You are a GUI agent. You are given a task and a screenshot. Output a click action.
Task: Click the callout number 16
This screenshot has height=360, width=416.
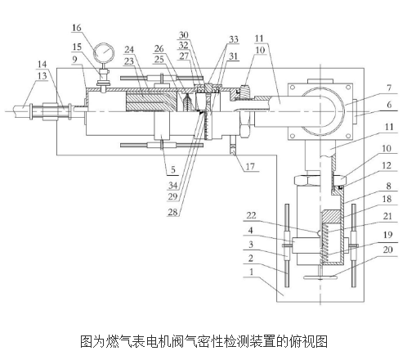77,28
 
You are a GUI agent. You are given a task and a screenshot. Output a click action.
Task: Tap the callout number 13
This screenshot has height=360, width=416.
42,76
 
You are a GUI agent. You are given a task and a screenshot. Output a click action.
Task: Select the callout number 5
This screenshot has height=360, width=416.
173,170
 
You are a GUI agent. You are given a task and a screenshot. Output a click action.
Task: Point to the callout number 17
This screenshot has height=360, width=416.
250,166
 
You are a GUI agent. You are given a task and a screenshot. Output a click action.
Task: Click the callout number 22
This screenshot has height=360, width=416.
251,215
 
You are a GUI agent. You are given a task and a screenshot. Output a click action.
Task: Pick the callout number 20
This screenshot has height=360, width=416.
387,250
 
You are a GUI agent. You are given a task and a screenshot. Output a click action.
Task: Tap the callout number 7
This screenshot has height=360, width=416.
389,88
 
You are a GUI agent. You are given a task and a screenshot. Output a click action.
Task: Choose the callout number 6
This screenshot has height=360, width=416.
389,105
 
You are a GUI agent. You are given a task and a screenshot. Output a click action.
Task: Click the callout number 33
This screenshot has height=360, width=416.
234,39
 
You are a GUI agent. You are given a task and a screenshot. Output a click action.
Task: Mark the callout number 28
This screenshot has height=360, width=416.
172,212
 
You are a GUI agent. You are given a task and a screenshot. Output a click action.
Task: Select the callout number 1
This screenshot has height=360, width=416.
252,272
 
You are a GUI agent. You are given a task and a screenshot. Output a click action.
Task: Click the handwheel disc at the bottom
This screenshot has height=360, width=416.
320,278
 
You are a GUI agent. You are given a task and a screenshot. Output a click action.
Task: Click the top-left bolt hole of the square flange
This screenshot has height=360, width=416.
293,88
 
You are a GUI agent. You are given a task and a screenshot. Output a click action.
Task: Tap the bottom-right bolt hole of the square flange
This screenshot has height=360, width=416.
348,136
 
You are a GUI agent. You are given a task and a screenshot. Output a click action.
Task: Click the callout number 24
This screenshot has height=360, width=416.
129,50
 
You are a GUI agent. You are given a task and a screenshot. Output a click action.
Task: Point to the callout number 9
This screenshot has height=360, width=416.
75,59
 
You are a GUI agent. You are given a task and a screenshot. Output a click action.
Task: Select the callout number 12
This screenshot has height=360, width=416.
387,165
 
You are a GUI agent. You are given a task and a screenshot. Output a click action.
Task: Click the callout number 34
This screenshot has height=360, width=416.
172,186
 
